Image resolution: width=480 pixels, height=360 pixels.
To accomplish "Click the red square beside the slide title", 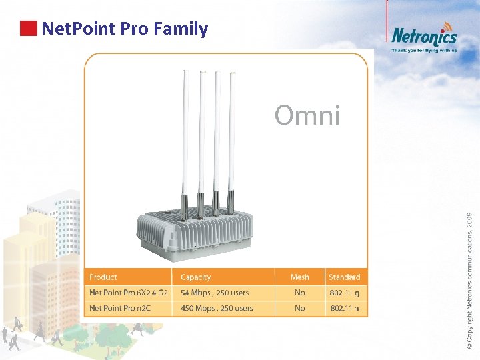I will pyautogui.click(x=28, y=29).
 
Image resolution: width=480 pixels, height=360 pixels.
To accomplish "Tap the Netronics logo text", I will pyautogui.click(x=424, y=36).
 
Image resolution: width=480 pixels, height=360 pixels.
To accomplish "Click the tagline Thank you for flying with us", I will pyautogui.click(x=424, y=50).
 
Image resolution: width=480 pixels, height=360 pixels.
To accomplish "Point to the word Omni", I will pyautogui.click(x=307, y=116).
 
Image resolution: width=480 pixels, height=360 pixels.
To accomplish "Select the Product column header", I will pyautogui.click(x=103, y=277).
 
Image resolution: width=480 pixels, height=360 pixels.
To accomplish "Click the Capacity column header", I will pyautogui.click(x=195, y=277).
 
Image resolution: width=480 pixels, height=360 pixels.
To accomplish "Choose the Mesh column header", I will pyautogui.click(x=300, y=277).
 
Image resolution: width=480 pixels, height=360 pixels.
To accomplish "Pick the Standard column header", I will pyautogui.click(x=344, y=277).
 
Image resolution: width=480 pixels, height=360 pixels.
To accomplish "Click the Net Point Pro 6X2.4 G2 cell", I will pyautogui.click(x=129, y=293).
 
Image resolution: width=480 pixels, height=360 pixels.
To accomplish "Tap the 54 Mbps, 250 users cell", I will pyautogui.click(x=215, y=293).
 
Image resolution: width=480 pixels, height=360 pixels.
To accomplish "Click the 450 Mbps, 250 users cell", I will pyautogui.click(x=217, y=309).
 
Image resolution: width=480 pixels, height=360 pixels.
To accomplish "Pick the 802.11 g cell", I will pyautogui.click(x=344, y=293).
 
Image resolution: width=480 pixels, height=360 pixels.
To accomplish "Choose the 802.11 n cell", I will pyautogui.click(x=344, y=309).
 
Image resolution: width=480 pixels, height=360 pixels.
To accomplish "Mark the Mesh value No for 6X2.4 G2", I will pyautogui.click(x=300, y=293).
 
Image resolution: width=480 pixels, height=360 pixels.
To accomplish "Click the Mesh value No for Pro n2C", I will pyautogui.click(x=300, y=309).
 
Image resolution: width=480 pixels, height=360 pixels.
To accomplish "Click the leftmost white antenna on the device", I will pyautogui.click(x=185, y=133).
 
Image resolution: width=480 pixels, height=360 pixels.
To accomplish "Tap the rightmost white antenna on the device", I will pyautogui.click(x=232, y=133).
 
